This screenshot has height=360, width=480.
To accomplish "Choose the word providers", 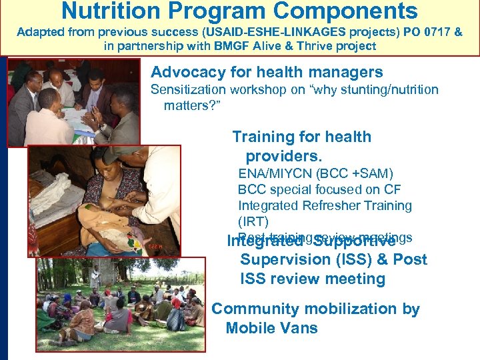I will [283, 157].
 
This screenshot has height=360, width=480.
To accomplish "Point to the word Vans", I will [299, 328].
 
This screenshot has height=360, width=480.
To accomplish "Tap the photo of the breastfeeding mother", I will [103, 200].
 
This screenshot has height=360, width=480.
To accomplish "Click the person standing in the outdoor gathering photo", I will [96, 277].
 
